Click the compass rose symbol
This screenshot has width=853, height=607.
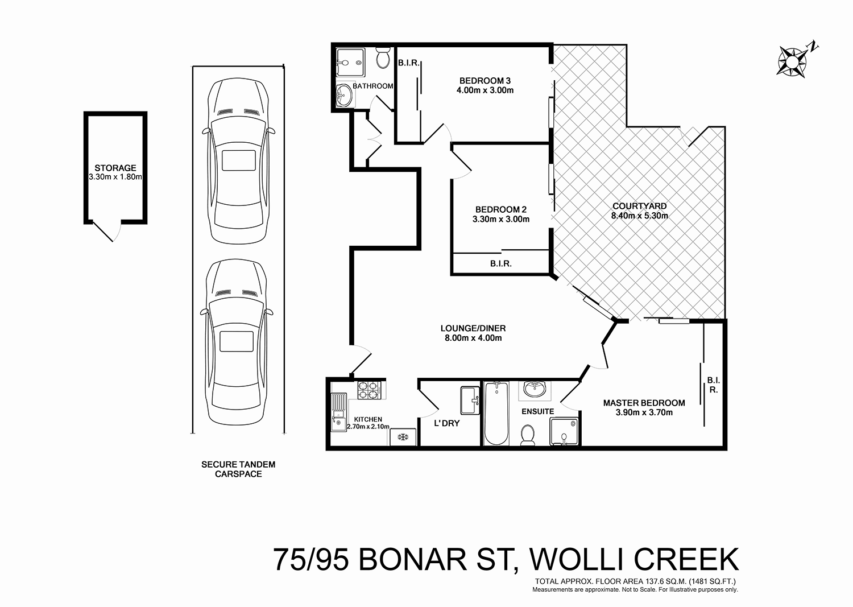coord(791,60)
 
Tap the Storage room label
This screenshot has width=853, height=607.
coord(115,168)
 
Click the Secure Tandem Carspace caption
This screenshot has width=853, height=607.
coord(238,469)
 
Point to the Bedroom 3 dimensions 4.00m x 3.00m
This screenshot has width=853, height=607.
coord(485,90)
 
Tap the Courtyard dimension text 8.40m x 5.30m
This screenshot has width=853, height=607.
coord(639,216)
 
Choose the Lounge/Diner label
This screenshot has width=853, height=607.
coord(473,328)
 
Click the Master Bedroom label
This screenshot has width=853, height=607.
coord(644,403)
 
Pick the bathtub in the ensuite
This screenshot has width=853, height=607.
coord(496,414)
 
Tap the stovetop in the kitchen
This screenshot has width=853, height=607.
coord(367,390)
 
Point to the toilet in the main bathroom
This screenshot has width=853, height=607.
coord(383,59)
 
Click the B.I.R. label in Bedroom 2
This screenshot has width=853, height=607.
coord(500,264)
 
